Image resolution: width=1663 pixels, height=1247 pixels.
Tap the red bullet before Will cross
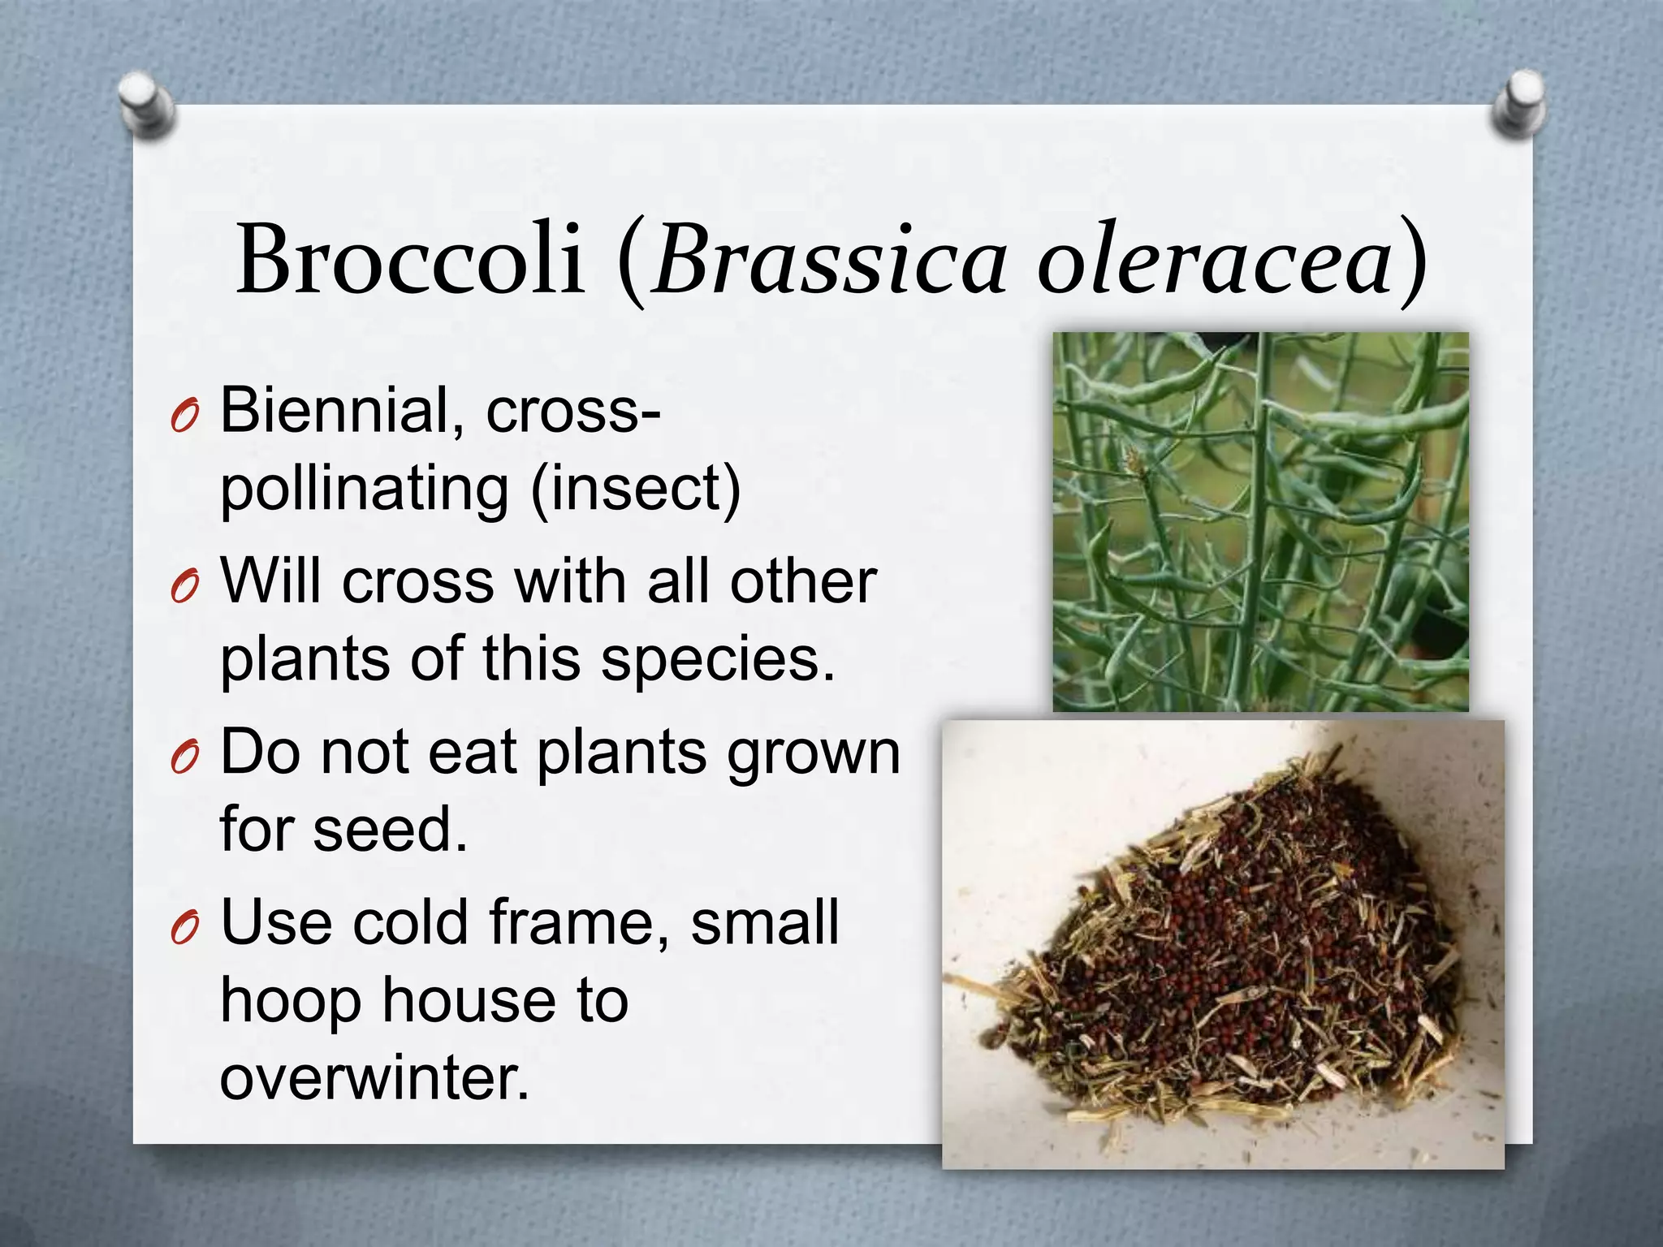[184, 589]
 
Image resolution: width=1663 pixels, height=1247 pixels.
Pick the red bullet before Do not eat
[184, 759]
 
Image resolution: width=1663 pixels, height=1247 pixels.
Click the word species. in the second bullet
[718, 659]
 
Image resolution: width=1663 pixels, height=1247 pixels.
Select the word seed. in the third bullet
[391, 830]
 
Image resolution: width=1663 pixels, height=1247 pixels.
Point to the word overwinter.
[374, 1078]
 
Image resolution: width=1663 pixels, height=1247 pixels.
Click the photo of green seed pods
[1260, 521]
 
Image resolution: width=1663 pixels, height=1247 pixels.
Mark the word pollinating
[365, 489]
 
